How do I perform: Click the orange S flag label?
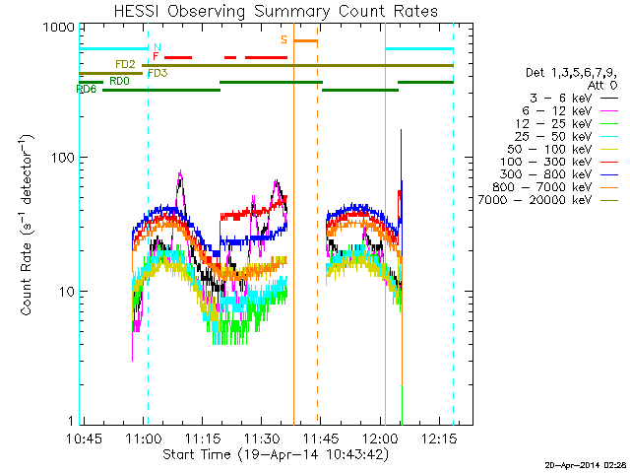pos(283,40)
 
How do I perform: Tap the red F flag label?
pos(156,58)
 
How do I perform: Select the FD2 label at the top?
pos(125,64)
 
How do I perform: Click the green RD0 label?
pos(119,82)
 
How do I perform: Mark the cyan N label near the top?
pos(156,47)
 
